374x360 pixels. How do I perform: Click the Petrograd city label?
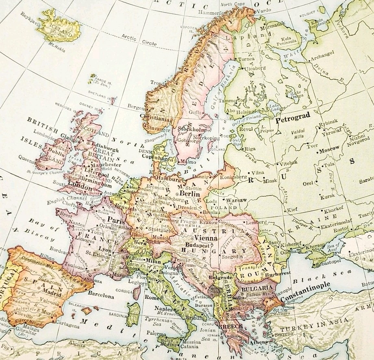coord(293,115)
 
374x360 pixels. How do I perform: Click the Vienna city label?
coord(206,238)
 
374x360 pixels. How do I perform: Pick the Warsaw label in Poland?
coord(237,201)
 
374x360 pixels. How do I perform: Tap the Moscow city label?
coord(330,150)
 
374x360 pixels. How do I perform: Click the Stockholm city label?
coord(194,130)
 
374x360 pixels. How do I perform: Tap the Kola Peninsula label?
coord(287,41)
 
